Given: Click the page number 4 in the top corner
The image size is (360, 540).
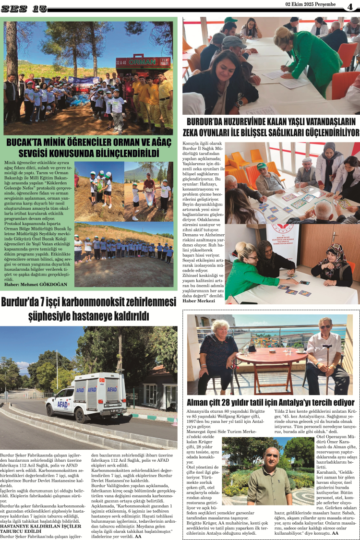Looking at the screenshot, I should (x=350, y=6).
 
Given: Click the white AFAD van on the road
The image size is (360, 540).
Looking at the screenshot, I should (x=86, y=396).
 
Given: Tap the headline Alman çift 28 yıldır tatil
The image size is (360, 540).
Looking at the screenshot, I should (x=270, y=402).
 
